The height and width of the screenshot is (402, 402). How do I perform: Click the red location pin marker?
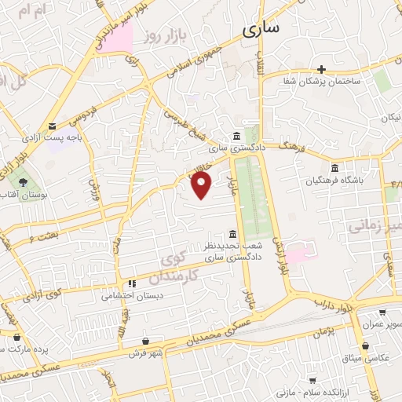click(x=202, y=185)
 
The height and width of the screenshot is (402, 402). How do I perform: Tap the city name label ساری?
click(x=260, y=30)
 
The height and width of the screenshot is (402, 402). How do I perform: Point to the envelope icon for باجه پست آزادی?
click(x=52, y=126)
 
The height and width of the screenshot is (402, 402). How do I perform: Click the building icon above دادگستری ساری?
click(x=237, y=135)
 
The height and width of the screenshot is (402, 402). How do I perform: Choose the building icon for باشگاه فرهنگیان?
click(x=335, y=168)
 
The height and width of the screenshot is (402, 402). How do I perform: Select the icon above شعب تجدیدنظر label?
click(x=231, y=234)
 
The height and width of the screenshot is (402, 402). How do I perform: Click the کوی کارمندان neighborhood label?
click(x=179, y=268)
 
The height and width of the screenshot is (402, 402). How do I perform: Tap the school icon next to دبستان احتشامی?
click(x=131, y=283)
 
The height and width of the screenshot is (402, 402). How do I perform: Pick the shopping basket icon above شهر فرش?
click(x=147, y=341)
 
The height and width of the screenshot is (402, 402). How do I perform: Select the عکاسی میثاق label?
click(x=375, y=358)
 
